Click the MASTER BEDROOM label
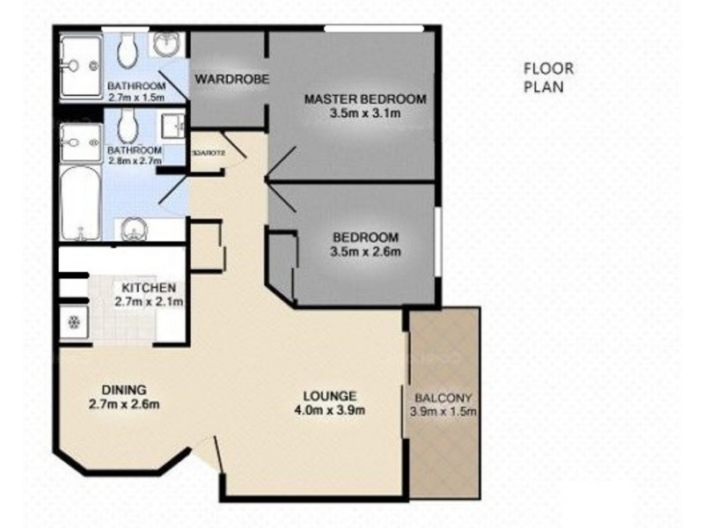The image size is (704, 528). click(x=364, y=99)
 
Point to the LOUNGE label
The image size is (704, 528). click(x=330, y=395)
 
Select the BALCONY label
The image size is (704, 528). click(x=443, y=395)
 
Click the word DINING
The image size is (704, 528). click(x=123, y=390)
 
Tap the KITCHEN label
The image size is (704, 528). click(x=149, y=288)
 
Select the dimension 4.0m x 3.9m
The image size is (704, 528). click(x=330, y=409)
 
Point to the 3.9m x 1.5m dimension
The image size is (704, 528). click(x=444, y=410)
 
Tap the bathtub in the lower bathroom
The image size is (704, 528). click(x=80, y=202)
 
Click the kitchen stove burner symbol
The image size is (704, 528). click(x=74, y=323)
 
